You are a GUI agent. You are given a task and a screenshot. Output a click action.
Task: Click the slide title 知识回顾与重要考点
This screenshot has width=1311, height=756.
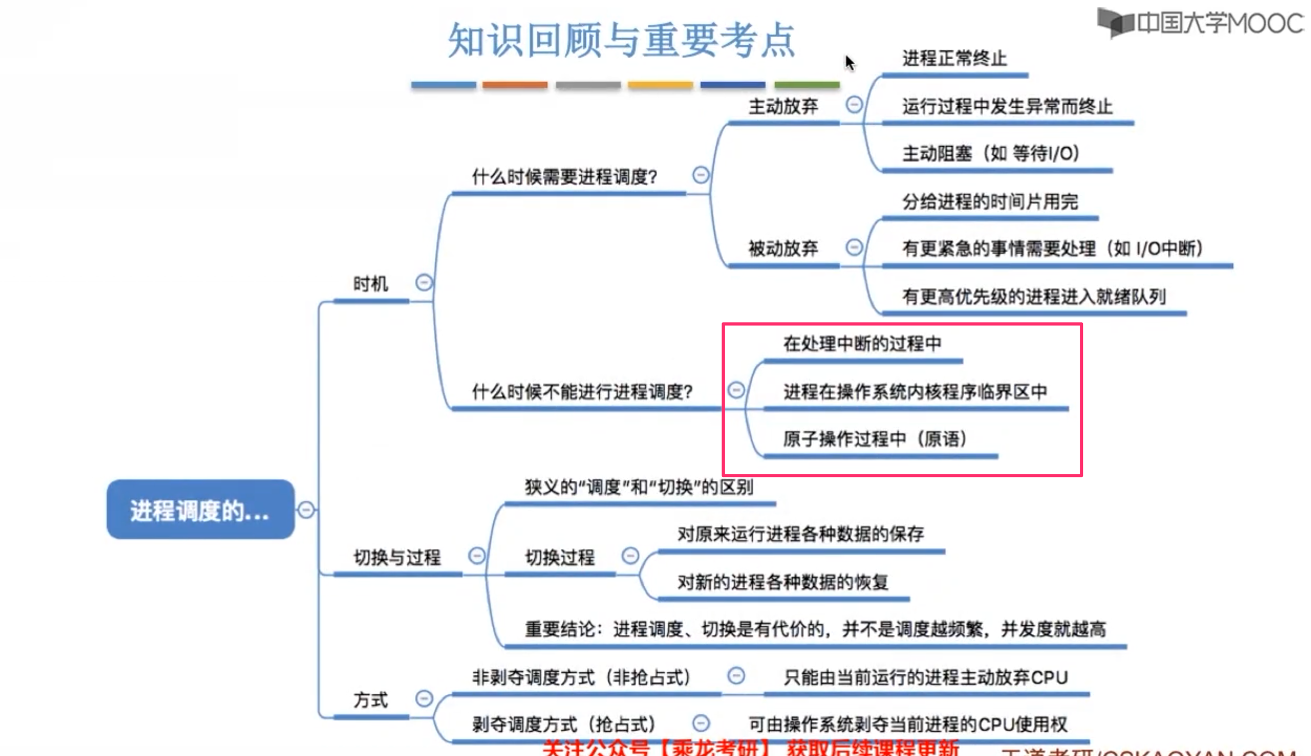click(621, 40)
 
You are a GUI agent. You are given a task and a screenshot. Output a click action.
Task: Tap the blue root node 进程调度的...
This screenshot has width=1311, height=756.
click(200, 509)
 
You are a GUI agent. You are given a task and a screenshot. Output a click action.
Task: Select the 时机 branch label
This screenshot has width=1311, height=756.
click(370, 284)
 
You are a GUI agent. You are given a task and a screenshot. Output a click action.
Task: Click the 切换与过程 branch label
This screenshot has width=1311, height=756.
click(397, 557)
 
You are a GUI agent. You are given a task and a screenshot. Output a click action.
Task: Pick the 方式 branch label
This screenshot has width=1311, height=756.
click(370, 699)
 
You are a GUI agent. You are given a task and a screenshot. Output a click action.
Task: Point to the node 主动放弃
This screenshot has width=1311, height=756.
click(783, 106)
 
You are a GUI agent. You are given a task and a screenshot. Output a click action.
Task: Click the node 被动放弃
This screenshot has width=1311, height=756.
click(783, 248)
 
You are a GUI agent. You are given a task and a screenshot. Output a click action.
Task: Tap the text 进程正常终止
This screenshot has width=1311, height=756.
click(954, 58)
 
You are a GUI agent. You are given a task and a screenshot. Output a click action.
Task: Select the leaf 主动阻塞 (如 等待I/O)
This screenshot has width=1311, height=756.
click(991, 154)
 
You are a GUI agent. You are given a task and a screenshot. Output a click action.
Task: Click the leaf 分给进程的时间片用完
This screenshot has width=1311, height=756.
click(990, 201)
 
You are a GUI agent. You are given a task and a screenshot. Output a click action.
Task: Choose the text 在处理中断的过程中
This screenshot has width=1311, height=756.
click(862, 344)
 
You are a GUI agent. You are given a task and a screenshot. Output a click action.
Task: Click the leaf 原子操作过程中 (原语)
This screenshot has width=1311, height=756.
click(875, 439)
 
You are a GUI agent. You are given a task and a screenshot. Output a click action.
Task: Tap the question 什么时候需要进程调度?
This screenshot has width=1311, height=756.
click(564, 177)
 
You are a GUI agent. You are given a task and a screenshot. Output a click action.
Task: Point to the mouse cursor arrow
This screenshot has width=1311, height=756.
click(849, 62)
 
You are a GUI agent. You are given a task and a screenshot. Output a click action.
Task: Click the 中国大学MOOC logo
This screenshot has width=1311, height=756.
click(1200, 23)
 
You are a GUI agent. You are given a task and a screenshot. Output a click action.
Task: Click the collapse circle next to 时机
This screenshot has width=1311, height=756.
click(424, 283)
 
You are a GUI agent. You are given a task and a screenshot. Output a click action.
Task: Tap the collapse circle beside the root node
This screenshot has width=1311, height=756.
click(306, 510)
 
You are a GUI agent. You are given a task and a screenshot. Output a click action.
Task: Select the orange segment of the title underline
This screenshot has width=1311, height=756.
click(514, 85)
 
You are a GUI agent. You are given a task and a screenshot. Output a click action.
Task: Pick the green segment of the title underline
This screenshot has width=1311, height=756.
click(807, 85)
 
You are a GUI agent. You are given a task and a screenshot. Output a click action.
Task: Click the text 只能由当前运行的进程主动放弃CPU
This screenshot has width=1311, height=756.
click(926, 677)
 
